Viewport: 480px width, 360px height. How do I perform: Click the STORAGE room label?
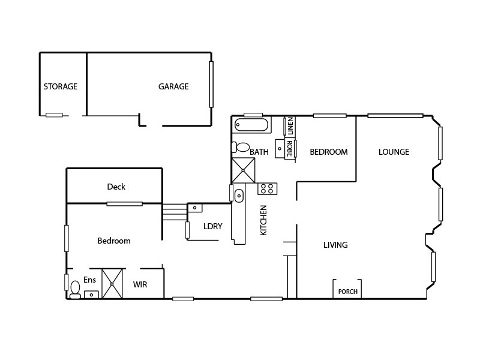coord(60,86)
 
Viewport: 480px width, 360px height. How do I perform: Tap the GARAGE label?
coord(173,86)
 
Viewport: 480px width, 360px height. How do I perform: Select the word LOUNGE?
coord(394,152)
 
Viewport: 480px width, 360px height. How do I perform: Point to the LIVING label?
coord(335,245)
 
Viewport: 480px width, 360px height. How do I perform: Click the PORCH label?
coord(348,292)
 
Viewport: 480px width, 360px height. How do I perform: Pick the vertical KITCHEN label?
coord(263,220)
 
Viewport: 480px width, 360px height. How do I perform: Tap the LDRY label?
coord(213,226)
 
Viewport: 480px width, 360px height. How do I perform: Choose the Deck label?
coord(116,187)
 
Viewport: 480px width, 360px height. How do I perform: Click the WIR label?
coord(140,285)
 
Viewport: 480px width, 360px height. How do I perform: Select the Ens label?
coord(89,280)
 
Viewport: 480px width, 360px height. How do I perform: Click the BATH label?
coord(259,152)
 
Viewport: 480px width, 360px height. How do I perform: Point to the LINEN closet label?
coord(290,126)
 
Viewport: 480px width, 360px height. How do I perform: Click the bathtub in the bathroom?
coord(252,125)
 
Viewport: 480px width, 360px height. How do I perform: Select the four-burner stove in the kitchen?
coord(267,188)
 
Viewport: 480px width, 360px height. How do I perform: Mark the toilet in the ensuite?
coord(75,290)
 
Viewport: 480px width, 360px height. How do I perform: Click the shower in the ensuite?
coord(112,283)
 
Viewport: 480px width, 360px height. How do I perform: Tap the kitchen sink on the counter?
coord(238,195)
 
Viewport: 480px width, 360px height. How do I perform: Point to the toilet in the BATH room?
coord(241,147)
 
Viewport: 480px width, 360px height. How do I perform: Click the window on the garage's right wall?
coord(211,85)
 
